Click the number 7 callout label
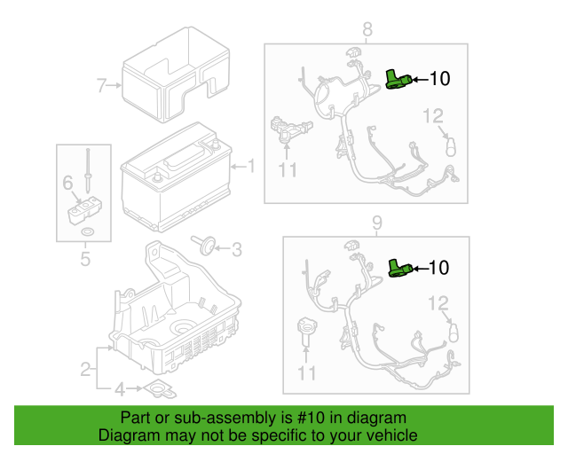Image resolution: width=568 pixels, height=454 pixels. pos(100,86)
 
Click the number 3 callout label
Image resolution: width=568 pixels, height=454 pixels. pos(235,250)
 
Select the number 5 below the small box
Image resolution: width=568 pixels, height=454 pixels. pos(85,259)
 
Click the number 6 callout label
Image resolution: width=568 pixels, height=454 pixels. pos(67,183)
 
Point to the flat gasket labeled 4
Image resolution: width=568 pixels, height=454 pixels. pos(160,388)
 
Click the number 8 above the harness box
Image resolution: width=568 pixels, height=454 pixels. pos(366,28)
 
